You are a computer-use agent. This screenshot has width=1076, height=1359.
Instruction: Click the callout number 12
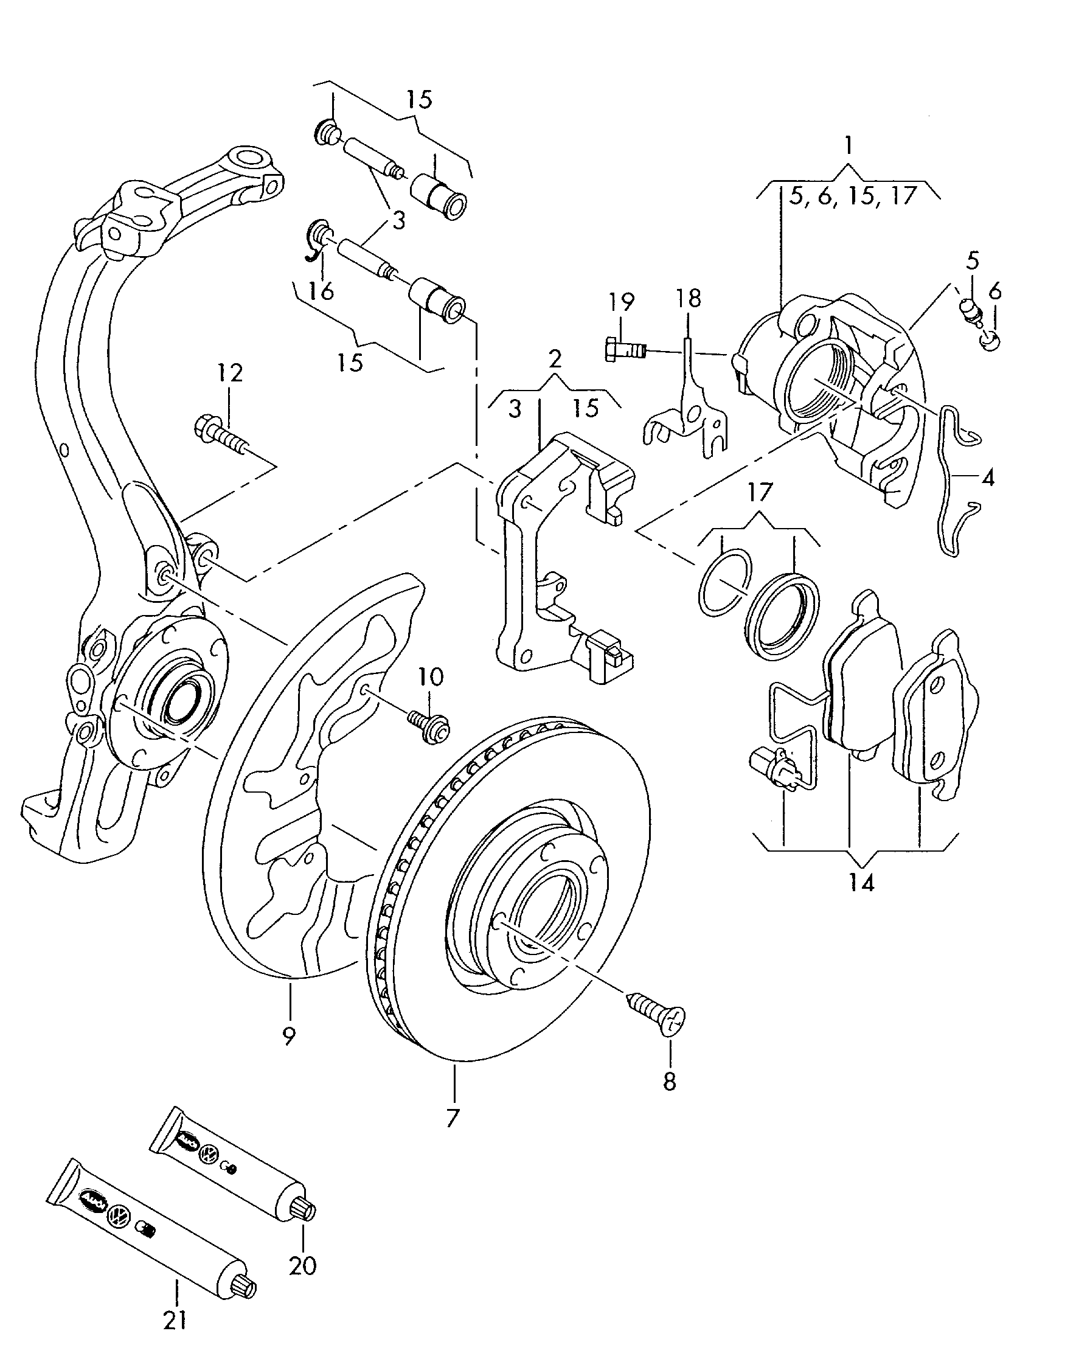point(230,373)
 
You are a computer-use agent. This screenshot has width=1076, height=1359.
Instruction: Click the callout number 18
point(689,299)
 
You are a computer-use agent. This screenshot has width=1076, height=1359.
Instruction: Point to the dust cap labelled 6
point(991,342)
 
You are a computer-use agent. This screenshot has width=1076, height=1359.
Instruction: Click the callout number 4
point(987,478)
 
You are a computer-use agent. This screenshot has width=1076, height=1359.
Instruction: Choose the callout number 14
point(861,883)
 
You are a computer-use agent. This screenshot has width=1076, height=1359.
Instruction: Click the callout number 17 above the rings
point(760,492)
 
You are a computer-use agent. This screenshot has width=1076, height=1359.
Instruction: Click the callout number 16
point(322,292)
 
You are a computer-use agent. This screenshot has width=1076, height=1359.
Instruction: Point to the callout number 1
point(848,147)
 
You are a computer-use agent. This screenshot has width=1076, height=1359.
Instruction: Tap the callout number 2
point(554,359)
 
